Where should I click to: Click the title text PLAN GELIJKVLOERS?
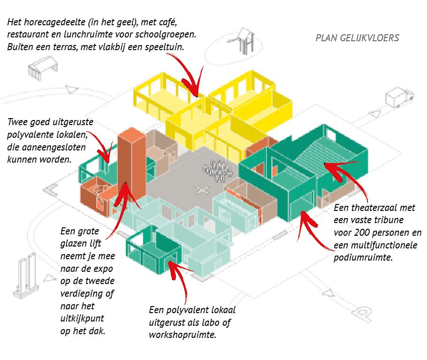click(x=357, y=38)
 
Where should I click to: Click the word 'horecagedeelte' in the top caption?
click(x=54, y=22)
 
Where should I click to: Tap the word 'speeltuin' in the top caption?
click(x=164, y=47)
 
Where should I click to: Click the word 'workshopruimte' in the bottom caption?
click(x=183, y=335)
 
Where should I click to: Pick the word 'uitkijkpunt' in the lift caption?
click(x=82, y=319)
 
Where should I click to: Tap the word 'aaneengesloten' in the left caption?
click(x=53, y=147)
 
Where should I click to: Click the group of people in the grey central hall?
click(x=218, y=170)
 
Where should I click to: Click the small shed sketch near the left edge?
click(x=43, y=68)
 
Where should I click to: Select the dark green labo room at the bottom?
click(x=154, y=249)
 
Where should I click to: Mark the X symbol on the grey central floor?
click(x=202, y=190)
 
